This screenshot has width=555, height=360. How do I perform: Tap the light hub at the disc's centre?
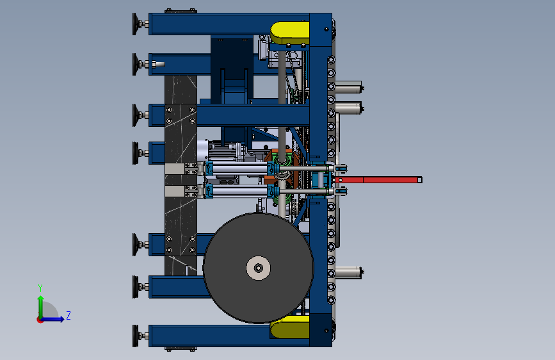coord(259,268)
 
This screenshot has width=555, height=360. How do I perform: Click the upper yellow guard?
coord(289,33)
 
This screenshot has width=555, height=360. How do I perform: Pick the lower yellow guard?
coord(289,327)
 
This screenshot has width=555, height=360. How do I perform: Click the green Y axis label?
coord(40,288)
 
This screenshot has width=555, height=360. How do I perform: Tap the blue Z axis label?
coord(68,315)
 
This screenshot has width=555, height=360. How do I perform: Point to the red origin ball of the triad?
coord(40,320)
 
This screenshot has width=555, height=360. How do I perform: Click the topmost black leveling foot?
coord(136,24)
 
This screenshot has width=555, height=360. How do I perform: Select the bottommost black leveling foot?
coord(136,336)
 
